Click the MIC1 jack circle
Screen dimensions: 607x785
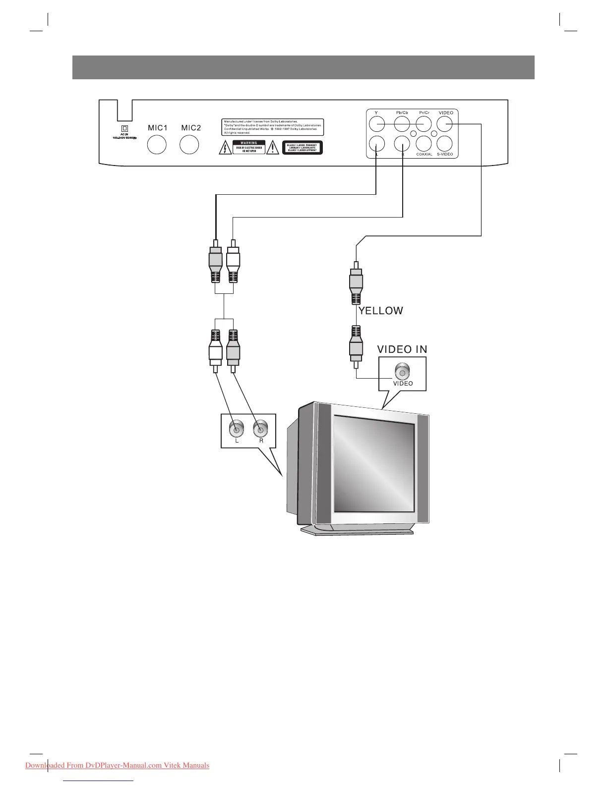tap(157, 144)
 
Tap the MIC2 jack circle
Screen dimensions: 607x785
tap(189, 144)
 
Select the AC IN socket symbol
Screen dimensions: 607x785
tap(124, 129)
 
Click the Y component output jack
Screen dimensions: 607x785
tap(377, 123)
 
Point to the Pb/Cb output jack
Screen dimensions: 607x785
tap(402, 123)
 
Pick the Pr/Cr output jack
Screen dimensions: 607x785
tap(424, 123)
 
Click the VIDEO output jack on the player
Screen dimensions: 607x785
tap(445, 123)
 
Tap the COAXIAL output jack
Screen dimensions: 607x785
tap(424, 144)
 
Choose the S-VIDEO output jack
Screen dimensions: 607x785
tap(445, 144)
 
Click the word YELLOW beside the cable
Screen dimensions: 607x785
tap(381, 311)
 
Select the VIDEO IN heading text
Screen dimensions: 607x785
tap(402, 349)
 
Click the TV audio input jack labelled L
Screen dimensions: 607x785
tap(237, 427)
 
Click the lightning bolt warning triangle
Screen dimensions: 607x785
tap(225, 148)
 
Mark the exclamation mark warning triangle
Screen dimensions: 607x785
tap(272, 148)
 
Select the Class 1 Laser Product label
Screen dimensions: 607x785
tap(303, 148)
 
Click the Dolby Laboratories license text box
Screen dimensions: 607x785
tap(273, 127)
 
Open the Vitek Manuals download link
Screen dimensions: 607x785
tap(117, 765)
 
